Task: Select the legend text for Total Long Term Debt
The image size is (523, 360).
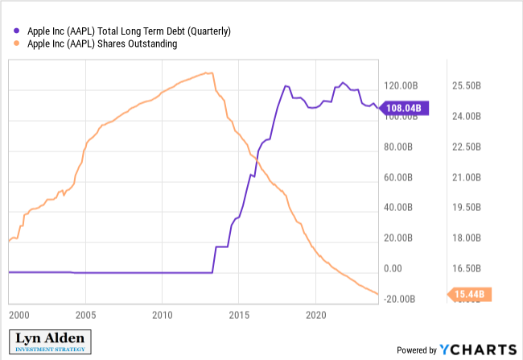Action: click(x=129, y=31)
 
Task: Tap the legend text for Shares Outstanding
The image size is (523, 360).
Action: click(x=102, y=44)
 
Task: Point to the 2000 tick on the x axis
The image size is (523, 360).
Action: click(x=19, y=314)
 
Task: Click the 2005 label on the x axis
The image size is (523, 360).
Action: click(x=85, y=314)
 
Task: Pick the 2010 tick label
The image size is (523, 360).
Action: click(x=163, y=314)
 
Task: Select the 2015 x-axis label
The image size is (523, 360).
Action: click(x=239, y=314)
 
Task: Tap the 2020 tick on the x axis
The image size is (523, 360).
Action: click(x=315, y=314)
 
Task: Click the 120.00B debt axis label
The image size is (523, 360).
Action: click(x=401, y=86)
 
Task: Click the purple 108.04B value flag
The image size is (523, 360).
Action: click(x=406, y=109)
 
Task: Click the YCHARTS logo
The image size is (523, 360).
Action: click(x=477, y=350)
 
